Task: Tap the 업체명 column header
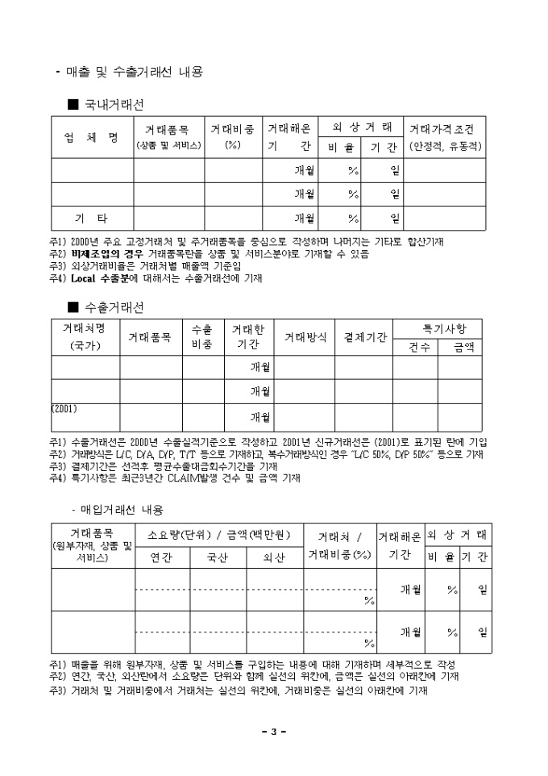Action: pyautogui.click(x=91, y=136)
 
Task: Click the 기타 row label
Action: pyautogui.click(x=91, y=219)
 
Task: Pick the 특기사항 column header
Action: pyautogui.click(x=438, y=328)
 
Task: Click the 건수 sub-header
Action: pyautogui.click(x=415, y=347)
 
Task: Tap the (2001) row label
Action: pyautogui.click(x=64, y=408)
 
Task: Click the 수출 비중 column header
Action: pyautogui.click(x=203, y=337)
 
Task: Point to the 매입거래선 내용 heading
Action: pyautogui.click(x=122, y=510)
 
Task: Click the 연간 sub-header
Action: pyautogui.click(x=161, y=556)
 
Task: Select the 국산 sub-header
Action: pyautogui.click(x=218, y=556)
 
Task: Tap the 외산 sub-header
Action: pyautogui.click(x=274, y=556)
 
